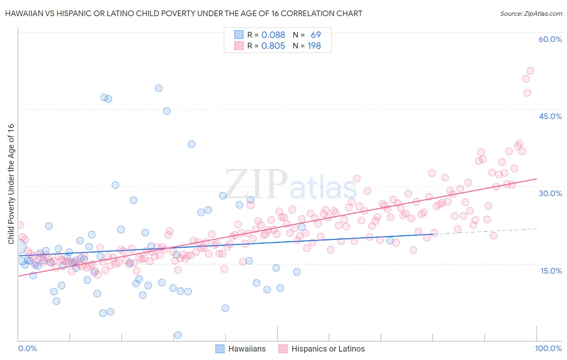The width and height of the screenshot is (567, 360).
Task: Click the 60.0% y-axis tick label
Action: [x=550, y=39]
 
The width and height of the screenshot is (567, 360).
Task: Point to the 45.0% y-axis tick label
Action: [x=550, y=116]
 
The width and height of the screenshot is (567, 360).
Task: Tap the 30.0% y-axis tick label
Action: [x=550, y=193]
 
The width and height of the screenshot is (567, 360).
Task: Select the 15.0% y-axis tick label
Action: [x=551, y=271]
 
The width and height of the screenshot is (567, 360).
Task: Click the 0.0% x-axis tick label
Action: [x=27, y=348]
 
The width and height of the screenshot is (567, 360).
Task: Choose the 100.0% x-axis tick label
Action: [x=548, y=348]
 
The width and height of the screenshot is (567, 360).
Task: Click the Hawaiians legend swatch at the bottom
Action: [x=220, y=349]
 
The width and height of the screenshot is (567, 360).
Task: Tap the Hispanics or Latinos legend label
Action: [x=328, y=349]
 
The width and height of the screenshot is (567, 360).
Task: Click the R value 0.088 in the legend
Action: [x=273, y=35]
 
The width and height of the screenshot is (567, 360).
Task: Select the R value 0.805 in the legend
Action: [x=273, y=46]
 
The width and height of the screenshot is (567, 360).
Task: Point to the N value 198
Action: [x=314, y=46]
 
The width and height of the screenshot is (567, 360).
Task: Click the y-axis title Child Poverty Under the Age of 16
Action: [x=11, y=184]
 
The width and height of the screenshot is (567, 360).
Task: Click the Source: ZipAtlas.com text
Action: [x=531, y=13]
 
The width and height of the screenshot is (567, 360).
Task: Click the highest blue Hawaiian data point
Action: [x=159, y=88]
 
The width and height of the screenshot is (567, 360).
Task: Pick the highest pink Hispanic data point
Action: [x=530, y=71]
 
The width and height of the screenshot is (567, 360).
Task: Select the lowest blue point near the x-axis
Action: [x=178, y=335]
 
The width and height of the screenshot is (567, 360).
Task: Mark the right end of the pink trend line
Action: [x=536, y=179]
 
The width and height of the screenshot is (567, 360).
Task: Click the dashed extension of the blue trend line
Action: [x=484, y=231]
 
